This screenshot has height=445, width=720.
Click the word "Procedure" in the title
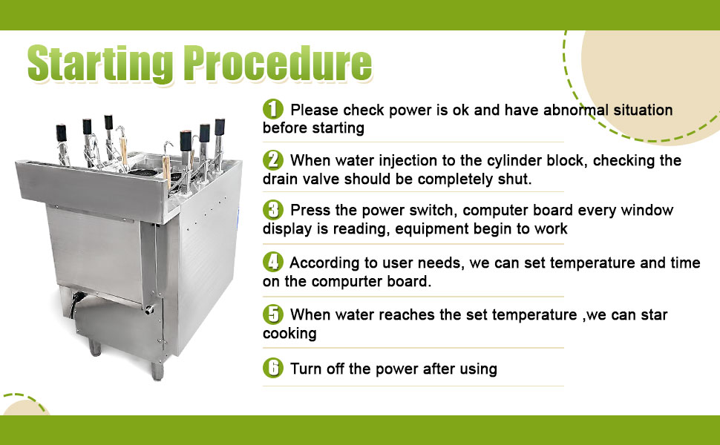coord(278,65)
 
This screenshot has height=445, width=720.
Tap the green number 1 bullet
coord(273,109)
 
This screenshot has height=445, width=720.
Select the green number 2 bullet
coord(273,159)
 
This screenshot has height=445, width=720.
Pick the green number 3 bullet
coord(273,210)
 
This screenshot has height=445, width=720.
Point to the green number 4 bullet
coord(273,262)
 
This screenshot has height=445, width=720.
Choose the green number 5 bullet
coord(273,314)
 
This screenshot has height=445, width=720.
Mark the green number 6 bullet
coord(273,368)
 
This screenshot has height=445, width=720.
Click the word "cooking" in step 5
coord(289,334)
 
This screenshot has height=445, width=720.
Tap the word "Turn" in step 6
coord(306,369)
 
